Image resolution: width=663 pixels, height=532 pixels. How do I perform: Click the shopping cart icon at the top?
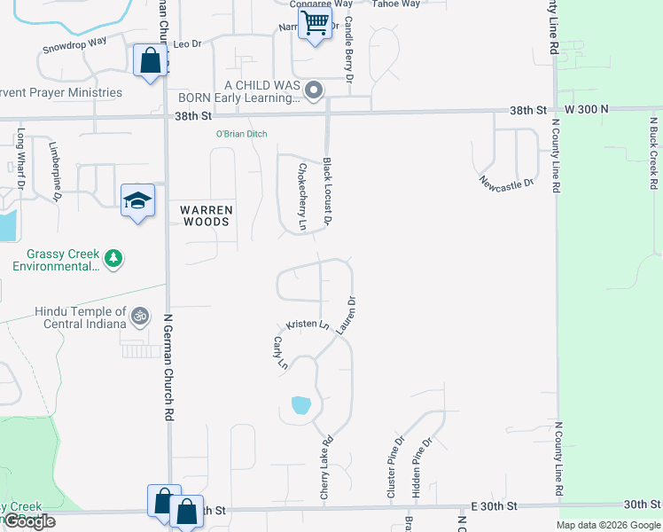coord(315,24)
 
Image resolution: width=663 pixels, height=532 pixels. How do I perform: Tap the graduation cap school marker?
coord(137,201)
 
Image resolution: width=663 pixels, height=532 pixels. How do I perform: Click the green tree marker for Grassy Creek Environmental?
coord(113,259)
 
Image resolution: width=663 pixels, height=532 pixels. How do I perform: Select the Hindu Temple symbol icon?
coord(140,316)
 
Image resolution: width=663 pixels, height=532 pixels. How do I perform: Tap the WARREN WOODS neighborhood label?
coord(207,215)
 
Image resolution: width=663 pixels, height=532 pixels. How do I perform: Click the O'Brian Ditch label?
coord(242,134)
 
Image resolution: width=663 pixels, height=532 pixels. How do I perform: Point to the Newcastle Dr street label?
coord(506,184)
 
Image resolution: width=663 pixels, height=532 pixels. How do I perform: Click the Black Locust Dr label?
coord(327,191)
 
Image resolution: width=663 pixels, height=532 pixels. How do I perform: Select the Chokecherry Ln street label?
coord(302,197)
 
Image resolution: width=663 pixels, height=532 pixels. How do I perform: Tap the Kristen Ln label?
coord(308,325)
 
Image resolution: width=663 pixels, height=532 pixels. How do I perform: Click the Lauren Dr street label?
coord(347,314)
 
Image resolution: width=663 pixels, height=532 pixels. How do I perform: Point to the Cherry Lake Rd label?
coord(326,465)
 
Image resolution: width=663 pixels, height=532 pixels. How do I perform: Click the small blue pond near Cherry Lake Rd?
coord(301,406)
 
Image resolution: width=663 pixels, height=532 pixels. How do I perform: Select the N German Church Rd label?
coord(168,364)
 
